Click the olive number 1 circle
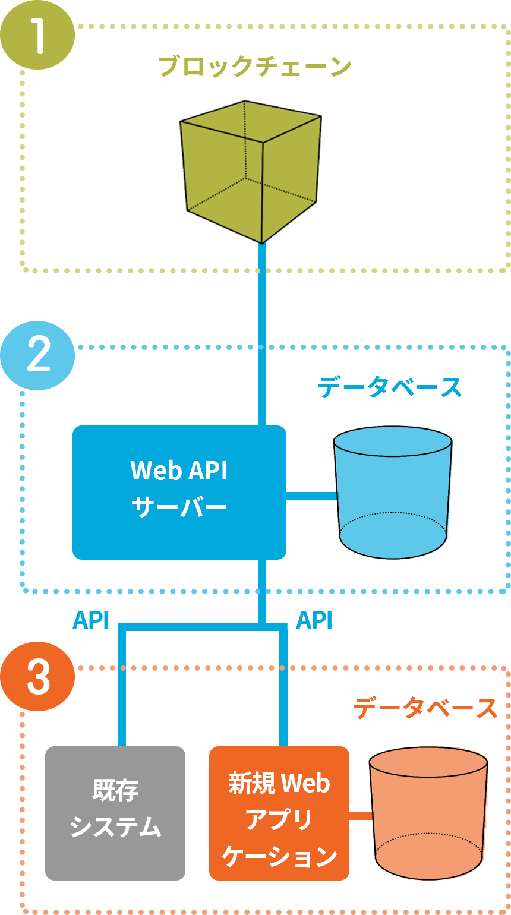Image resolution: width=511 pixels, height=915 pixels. tap(37, 34)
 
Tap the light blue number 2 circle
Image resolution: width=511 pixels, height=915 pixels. tap(37, 355)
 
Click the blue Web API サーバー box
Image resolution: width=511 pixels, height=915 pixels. tap(179, 492)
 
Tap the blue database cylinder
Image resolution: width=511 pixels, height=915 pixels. tap(393, 492)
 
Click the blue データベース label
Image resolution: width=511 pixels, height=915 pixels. tap(390, 388)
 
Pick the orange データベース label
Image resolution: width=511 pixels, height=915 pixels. tap(425, 708)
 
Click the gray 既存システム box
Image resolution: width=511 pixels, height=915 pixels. tap(115, 812)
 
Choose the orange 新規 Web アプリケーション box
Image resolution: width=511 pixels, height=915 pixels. tap(279, 812)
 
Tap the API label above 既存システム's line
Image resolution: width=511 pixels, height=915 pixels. tap(91, 620)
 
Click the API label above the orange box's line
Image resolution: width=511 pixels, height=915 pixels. tap(314, 620)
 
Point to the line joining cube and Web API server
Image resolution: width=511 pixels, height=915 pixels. tap(261, 333)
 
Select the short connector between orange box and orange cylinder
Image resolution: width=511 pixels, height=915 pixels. tap(360, 816)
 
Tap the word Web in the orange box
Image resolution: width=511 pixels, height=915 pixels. tap(304, 784)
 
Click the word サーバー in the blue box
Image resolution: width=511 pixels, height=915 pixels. tap(179, 509)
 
